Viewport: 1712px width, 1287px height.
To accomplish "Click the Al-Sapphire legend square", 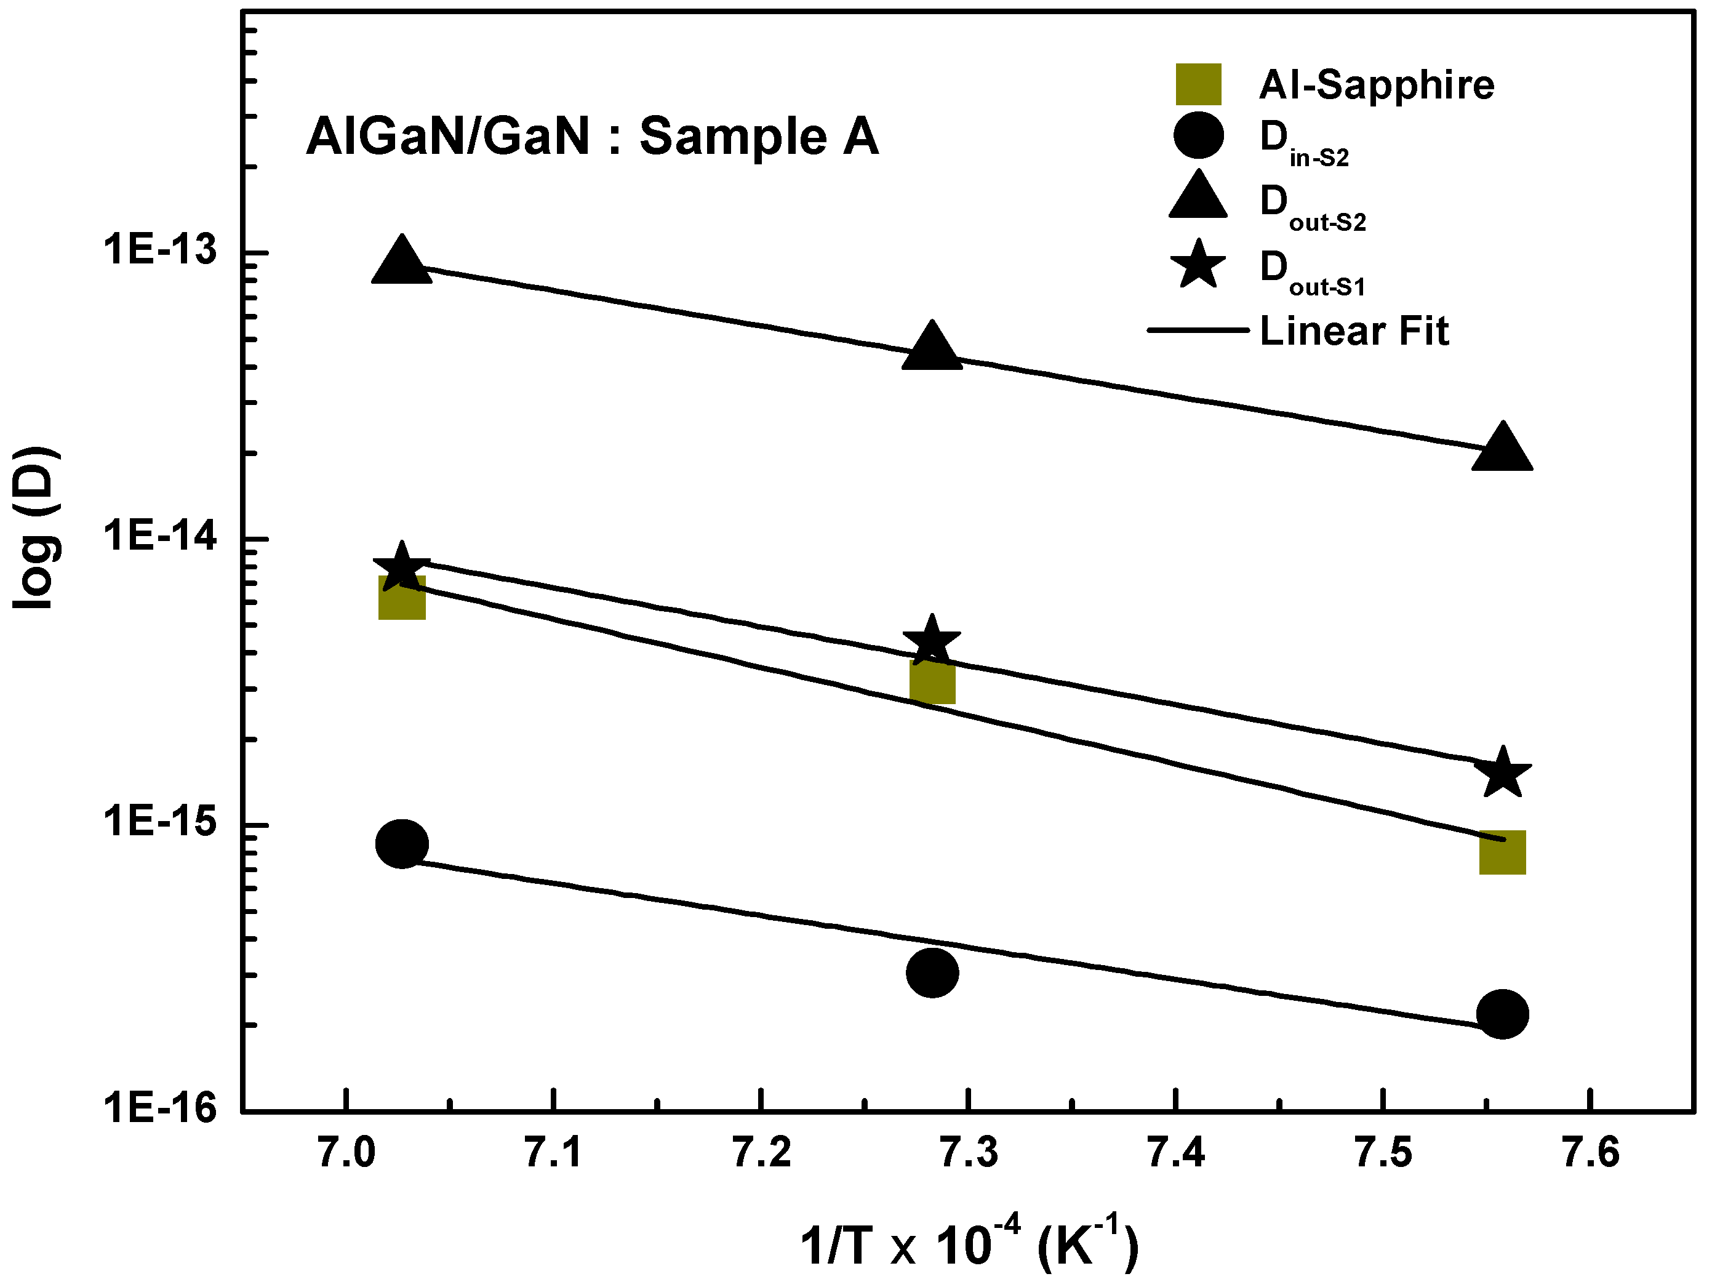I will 1198,84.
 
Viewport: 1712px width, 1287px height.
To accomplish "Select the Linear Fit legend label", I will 1354,331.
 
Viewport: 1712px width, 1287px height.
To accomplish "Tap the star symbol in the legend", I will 1198,265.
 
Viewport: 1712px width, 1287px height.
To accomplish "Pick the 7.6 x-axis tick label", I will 1591,1153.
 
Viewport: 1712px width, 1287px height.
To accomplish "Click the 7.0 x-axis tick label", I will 346,1153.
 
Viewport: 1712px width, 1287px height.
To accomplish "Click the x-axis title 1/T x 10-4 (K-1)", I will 969,1245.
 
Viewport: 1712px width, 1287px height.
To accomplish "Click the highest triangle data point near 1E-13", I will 401,262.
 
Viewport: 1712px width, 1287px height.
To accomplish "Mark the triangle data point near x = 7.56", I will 1502,449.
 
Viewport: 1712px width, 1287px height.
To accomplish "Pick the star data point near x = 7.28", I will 932,641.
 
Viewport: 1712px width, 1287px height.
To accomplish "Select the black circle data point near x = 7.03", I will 401,844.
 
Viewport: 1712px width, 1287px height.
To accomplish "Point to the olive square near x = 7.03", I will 402,598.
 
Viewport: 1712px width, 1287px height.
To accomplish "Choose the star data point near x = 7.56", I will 1502,772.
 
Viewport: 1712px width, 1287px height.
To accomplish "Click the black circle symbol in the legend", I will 1198,135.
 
